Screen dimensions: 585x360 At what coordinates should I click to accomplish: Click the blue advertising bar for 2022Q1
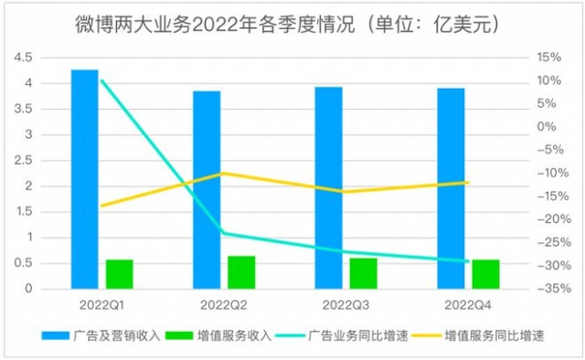click(85, 179)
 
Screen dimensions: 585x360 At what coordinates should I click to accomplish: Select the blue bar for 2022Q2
click(207, 190)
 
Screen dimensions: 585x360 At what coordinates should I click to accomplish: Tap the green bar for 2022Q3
click(364, 273)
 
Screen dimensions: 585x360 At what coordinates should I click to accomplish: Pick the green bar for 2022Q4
click(485, 274)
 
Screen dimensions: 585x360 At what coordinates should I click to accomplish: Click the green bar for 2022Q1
click(120, 274)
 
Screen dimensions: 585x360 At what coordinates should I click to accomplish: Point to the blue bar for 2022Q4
click(451, 188)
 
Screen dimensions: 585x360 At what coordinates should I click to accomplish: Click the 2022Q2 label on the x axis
click(223, 305)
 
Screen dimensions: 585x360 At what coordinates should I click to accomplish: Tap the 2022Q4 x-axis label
click(468, 305)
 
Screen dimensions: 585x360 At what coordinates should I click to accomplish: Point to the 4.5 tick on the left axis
click(23, 58)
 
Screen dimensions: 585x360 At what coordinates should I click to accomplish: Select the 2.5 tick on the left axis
click(23, 161)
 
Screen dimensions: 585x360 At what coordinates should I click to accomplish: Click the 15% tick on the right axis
click(549, 58)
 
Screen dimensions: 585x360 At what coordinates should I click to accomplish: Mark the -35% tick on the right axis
click(554, 289)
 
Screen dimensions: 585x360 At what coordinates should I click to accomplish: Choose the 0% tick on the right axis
click(547, 127)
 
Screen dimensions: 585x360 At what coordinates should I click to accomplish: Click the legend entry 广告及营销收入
click(101, 335)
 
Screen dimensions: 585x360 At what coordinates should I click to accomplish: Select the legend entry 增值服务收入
click(218, 335)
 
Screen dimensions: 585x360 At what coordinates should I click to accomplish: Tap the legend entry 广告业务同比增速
click(342, 335)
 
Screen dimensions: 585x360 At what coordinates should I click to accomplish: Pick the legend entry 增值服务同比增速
click(478, 335)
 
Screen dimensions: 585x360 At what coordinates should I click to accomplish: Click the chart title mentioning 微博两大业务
click(287, 26)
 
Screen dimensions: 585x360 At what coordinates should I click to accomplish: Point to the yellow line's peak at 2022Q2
click(223, 173)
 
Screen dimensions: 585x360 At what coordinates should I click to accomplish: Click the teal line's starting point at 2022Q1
click(101, 80)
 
